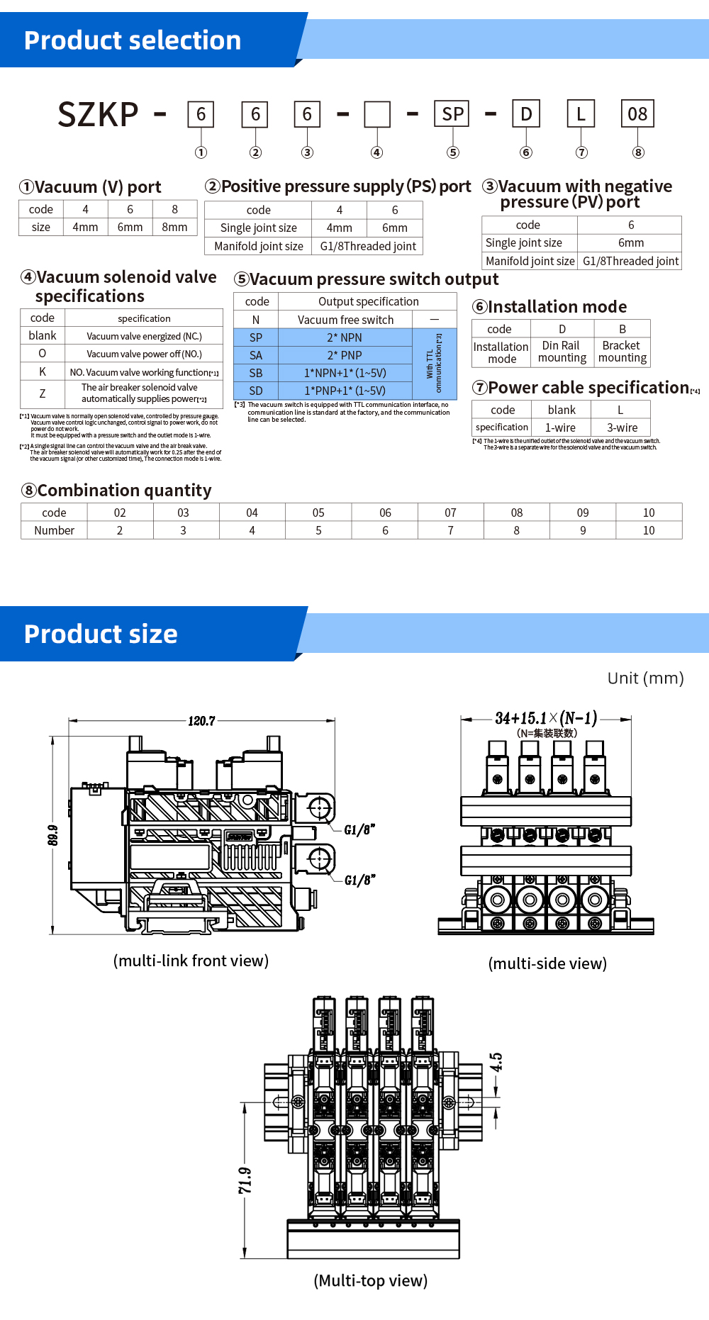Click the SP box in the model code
(x=452, y=114)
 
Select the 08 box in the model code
(x=637, y=114)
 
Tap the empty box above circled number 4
(x=377, y=114)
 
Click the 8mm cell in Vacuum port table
(x=174, y=227)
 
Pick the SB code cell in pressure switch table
(x=256, y=373)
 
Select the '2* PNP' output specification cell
(x=345, y=355)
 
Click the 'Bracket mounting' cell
(x=622, y=352)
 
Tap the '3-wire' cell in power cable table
(x=622, y=427)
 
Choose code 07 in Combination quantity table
(x=450, y=513)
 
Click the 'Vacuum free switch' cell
(x=345, y=320)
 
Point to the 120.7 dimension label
(x=201, y=721)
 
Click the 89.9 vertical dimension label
(x=53, y=835)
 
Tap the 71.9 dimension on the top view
(x=245, y=1181)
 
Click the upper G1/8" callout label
(x=359, y=830)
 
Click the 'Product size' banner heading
(x=101, y=634)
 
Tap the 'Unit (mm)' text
(x=645, y=678)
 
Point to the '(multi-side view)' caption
(x=547, y=963)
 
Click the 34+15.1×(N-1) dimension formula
(x=546, y=718)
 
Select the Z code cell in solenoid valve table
(x=43, y=393)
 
